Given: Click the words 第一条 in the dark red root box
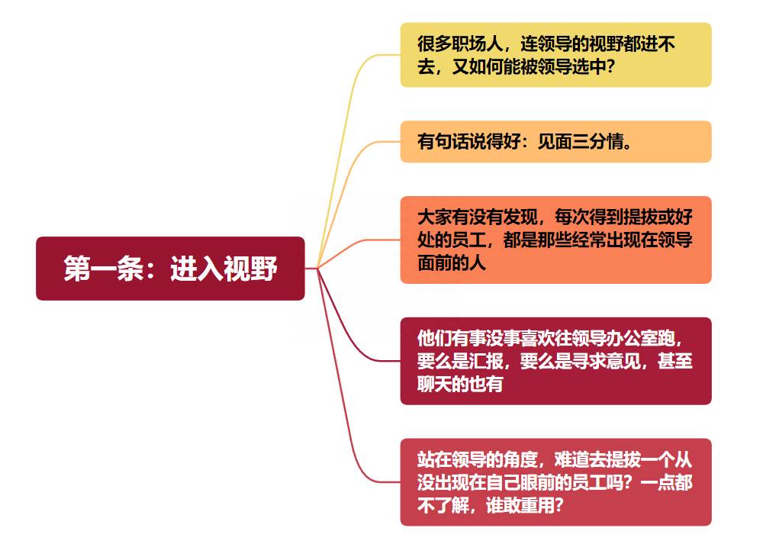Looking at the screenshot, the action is pos(104,268).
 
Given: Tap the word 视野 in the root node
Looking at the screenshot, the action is pos(250,268).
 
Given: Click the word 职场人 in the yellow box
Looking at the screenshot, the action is pos(477,43).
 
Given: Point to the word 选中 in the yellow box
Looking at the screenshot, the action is pos(588,66).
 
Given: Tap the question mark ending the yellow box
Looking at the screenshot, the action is pos(611,66).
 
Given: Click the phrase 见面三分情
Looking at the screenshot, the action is pos(581,142).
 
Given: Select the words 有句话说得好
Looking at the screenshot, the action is pos(468,142).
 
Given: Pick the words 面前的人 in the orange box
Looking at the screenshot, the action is pos(452,262).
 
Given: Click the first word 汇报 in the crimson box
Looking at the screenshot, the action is pos(485,361).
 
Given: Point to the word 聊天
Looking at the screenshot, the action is pos(435,385).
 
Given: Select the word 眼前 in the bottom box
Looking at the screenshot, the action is pos(537,483).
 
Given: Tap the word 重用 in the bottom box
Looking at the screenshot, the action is pos(537,506).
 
